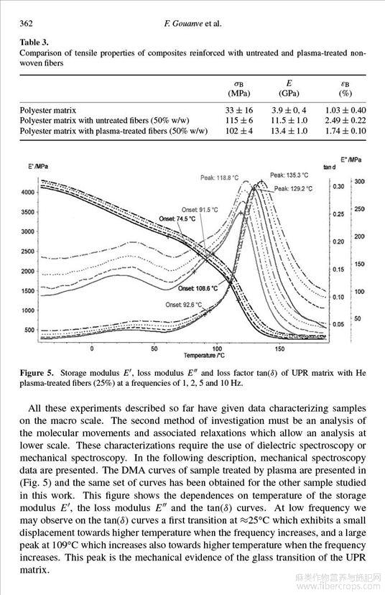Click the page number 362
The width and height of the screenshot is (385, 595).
(x=26, y=24)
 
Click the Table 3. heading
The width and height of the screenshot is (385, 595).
(x=34, y=42)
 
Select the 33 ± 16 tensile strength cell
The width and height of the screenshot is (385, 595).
(x=239, y=111)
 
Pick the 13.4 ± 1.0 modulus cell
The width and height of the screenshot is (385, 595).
(x=289, y=131)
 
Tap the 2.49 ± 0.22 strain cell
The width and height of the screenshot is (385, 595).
(x=345, y=121)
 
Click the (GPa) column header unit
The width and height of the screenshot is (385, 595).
(x=289, y=93)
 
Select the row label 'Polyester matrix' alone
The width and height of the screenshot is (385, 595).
(x=48, y=111)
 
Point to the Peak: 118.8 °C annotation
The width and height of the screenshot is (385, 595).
(x=220, y=177)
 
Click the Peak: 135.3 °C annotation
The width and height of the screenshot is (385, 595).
(x=289, y=175)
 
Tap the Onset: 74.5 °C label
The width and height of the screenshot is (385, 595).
(x=177, y=219)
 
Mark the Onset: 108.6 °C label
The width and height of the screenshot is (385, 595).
(x=198, y=288)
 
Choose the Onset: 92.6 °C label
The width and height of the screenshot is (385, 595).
(x=184, y=305)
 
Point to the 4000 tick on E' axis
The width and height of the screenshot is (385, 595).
(x=28, y=192)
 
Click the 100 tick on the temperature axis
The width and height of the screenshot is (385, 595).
(x=217, y=349)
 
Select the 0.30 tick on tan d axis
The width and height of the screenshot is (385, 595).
(x=339, y=187)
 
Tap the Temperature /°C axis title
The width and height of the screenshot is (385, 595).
(x=204, y=356)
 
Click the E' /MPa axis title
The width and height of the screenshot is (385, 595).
(x=38, y=166)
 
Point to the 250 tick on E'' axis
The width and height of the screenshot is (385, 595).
(x=359, y=209)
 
